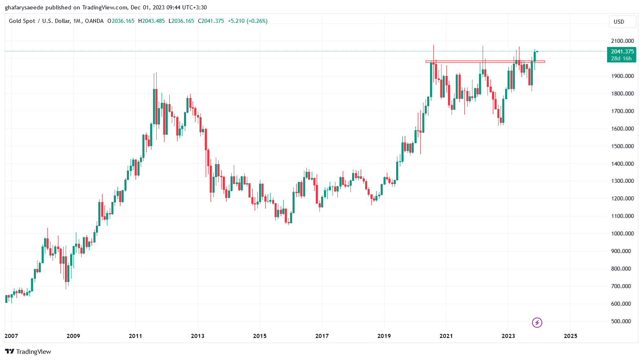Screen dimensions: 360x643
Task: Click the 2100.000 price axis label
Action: tap(622, 41)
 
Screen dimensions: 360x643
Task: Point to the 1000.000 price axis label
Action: tap(622, 233)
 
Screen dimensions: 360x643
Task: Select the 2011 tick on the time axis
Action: tap(135, 336)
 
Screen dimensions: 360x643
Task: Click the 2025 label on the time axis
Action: tap(570, 336)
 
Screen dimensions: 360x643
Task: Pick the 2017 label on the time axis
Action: tap(322, 336)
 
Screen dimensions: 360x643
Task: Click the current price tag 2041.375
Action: tap(622, 51)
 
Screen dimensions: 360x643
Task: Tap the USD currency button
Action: tap(619, 22)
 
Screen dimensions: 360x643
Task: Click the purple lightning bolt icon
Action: tap(537, 323)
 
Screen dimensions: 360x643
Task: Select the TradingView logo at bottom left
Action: tap(28, 352)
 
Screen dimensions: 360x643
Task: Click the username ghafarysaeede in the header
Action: tap(24, 7)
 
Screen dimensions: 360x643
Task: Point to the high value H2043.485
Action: tap(151, 21)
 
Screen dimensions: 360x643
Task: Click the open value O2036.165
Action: tap(121, 21)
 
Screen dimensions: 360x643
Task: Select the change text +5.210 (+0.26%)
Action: tap(247, 21)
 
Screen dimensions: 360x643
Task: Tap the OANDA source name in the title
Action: tap(94, 21)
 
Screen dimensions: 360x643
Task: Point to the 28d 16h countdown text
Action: tap(621, 58)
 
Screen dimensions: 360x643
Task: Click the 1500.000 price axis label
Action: tap(622, 146)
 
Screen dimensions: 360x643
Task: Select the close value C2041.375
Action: tap(211, 21)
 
